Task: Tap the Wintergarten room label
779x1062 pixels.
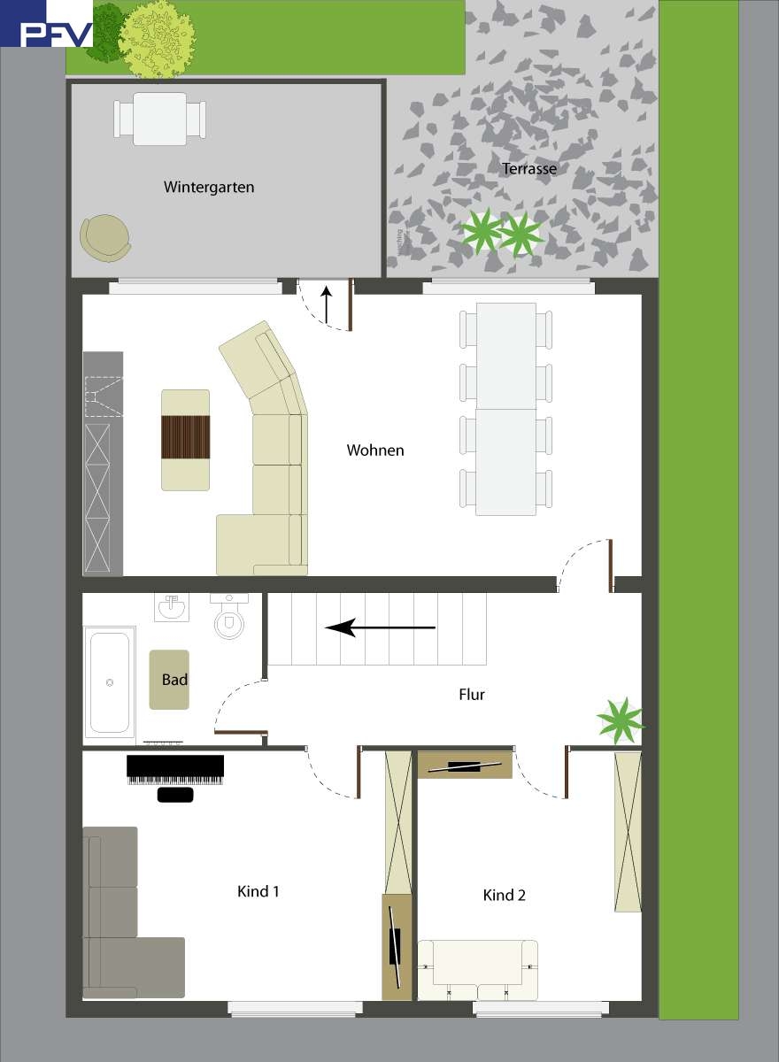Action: point(209,188)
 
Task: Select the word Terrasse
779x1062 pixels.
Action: point(528,168)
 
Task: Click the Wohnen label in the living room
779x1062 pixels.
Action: point(375,450)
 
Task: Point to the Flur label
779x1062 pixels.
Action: point(472,695)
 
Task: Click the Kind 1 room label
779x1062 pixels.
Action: point(258,891)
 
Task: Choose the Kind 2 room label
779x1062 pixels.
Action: point(505,895)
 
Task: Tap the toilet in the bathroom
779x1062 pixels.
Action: point(229,620)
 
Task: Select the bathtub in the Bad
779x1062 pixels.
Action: point(110,681)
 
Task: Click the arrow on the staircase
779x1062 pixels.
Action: point(381,628)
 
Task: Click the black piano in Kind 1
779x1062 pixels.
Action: point(175,769)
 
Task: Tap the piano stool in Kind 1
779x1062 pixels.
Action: point(175,795)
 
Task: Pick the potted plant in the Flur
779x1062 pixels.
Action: point(620,720)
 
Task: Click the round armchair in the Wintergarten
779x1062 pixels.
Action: point(105,237)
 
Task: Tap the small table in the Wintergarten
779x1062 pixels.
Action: point(159,119)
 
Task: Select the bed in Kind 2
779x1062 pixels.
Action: point(478,970)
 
